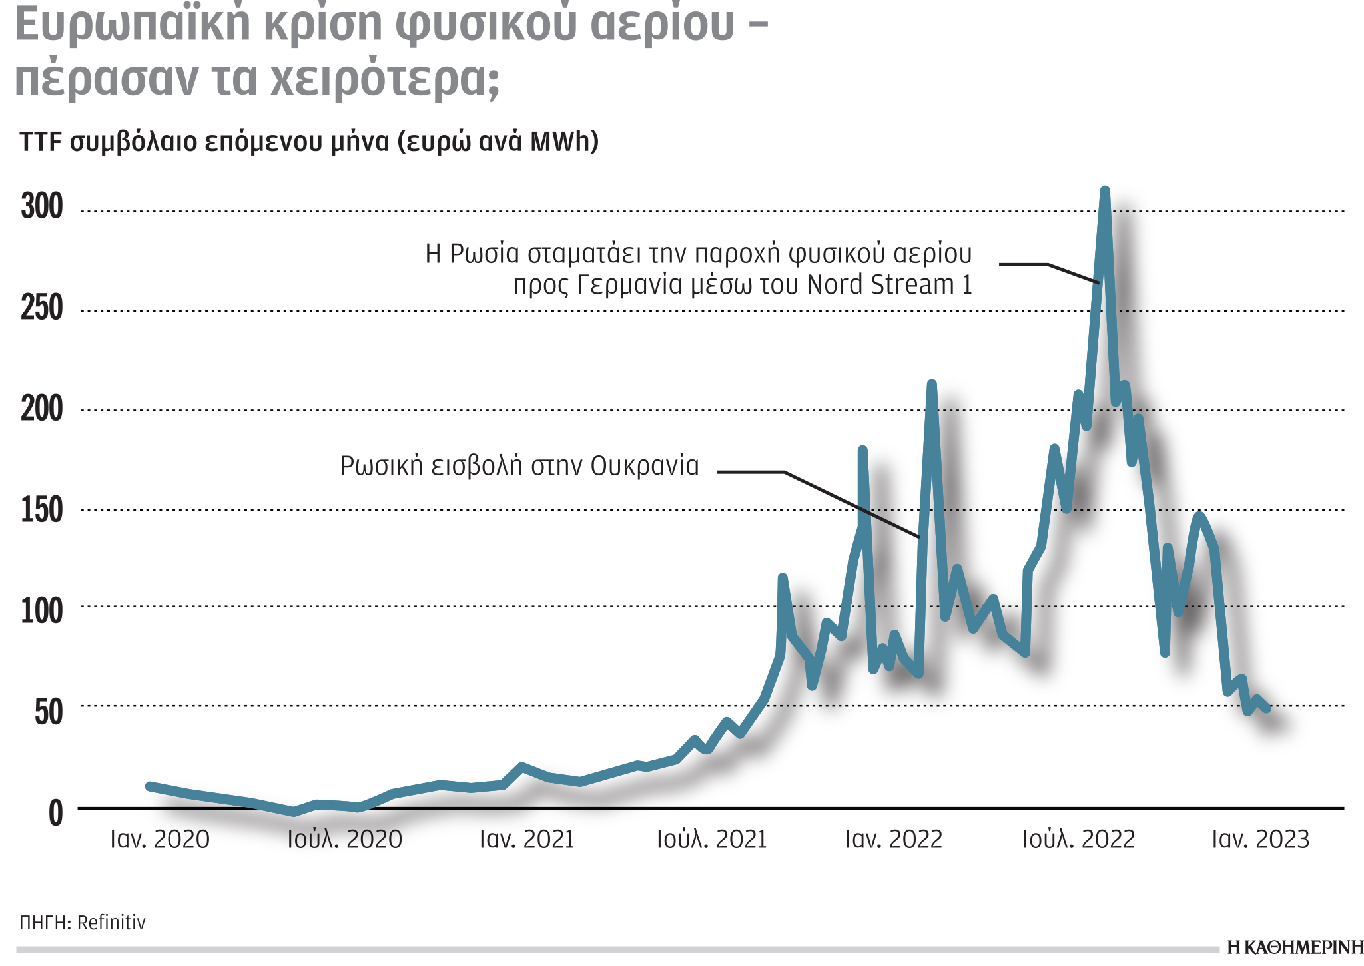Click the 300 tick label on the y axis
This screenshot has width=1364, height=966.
point(42,206)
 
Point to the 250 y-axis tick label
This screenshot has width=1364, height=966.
point(42,308)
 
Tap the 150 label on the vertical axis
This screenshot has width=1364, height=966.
point(42,511)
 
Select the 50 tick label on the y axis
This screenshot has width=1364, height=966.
point(49,712)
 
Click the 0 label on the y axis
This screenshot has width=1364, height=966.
point(56,814)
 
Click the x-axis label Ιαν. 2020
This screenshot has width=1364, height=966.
point(160,840)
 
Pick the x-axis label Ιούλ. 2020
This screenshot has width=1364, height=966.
point(344,840)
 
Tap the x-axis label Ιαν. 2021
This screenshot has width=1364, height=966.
point(527,840)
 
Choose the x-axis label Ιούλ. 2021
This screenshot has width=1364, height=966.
point(711,840)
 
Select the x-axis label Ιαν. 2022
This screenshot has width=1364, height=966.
point(894,840)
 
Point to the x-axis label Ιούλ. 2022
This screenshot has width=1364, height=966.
point(1078,840)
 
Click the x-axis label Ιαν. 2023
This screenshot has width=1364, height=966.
point(1260,840)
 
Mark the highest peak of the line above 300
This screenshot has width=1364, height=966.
point(1105,192)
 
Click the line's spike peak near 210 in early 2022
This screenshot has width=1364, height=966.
point(932,385)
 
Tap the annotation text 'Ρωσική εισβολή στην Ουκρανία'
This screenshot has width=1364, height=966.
point(519,466)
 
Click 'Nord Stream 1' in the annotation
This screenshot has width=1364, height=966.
point(889,285)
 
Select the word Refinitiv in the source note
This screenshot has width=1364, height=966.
point(111,923)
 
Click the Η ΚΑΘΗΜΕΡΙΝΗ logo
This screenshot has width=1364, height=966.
point(1295,947)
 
